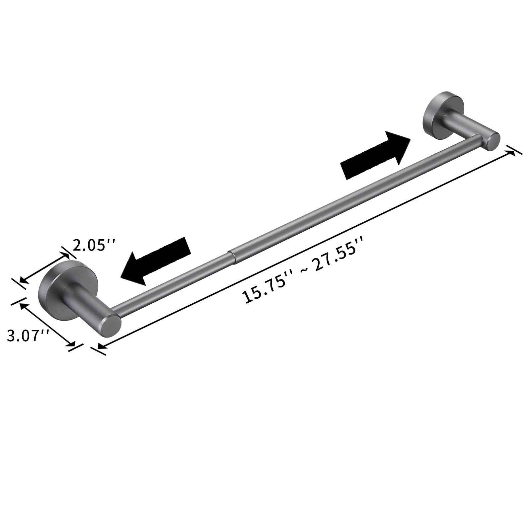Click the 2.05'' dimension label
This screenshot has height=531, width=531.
(x=94, y=246)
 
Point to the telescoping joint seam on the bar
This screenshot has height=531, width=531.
(x=231, y=256)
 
